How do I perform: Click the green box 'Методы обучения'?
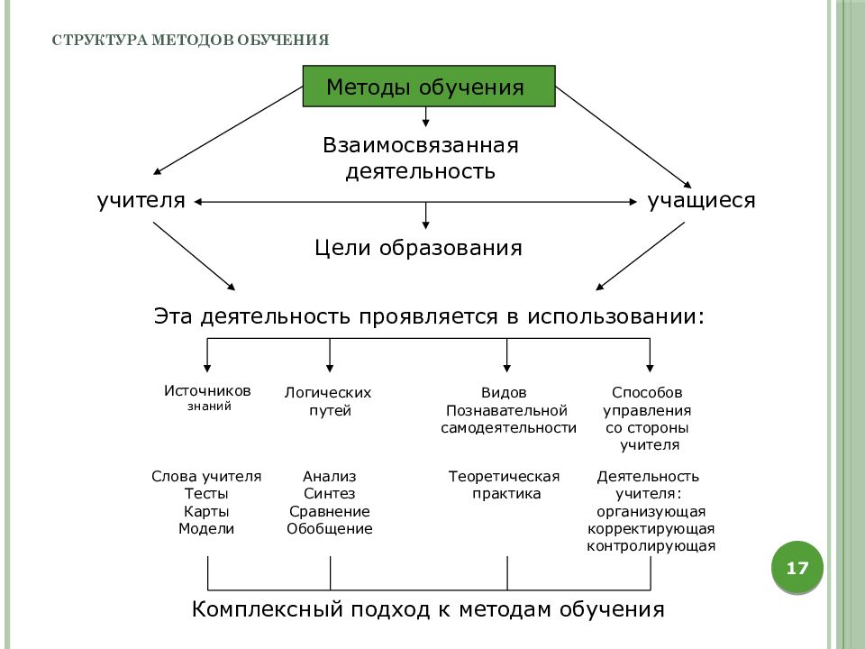click(x=429, y=87)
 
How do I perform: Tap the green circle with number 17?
click(x=797, y=567)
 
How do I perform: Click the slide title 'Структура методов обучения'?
click(x=190, y=41)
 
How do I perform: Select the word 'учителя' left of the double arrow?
click(x=141, y=200)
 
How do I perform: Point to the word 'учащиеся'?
click(x=701, y=200)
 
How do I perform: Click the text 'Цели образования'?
click(x=418, y=248)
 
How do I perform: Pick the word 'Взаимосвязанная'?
click(x=421, y=145)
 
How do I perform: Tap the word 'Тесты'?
click(x=206, y=493)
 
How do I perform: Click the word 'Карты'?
click(x=206, y=511)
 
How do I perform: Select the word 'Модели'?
click(x=206, y=529)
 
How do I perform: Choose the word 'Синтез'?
click(x=330, y=493)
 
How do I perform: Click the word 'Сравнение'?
click(x=330, y=512)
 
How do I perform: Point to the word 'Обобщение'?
click(x=330, y=529)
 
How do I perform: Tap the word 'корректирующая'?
click(x=651, y=529)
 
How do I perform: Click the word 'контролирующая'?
click(x=651, y=546)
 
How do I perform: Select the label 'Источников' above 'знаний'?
click(x=207, y=390)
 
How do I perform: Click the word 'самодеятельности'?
click(x=508, y=427)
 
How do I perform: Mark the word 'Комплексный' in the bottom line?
click(x=267, y=609)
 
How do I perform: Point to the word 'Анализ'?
click(x=330, y=476)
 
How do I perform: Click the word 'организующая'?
click(x=651, y=512)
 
